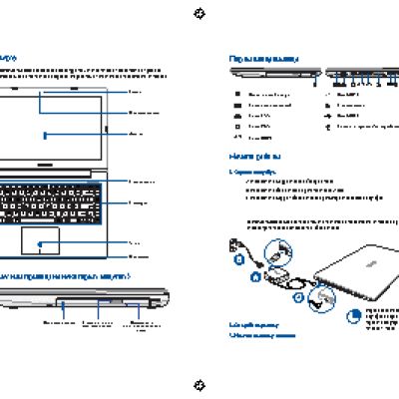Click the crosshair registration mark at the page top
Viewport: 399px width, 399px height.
coord(199,13)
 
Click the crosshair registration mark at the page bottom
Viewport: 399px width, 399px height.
coord(199,385)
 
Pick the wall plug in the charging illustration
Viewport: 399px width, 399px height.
coord(236,244)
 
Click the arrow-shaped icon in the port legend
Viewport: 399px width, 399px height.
coord(328,116)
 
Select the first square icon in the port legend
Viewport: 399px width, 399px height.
coord(237,94)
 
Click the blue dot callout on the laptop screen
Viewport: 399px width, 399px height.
coord(47,133)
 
